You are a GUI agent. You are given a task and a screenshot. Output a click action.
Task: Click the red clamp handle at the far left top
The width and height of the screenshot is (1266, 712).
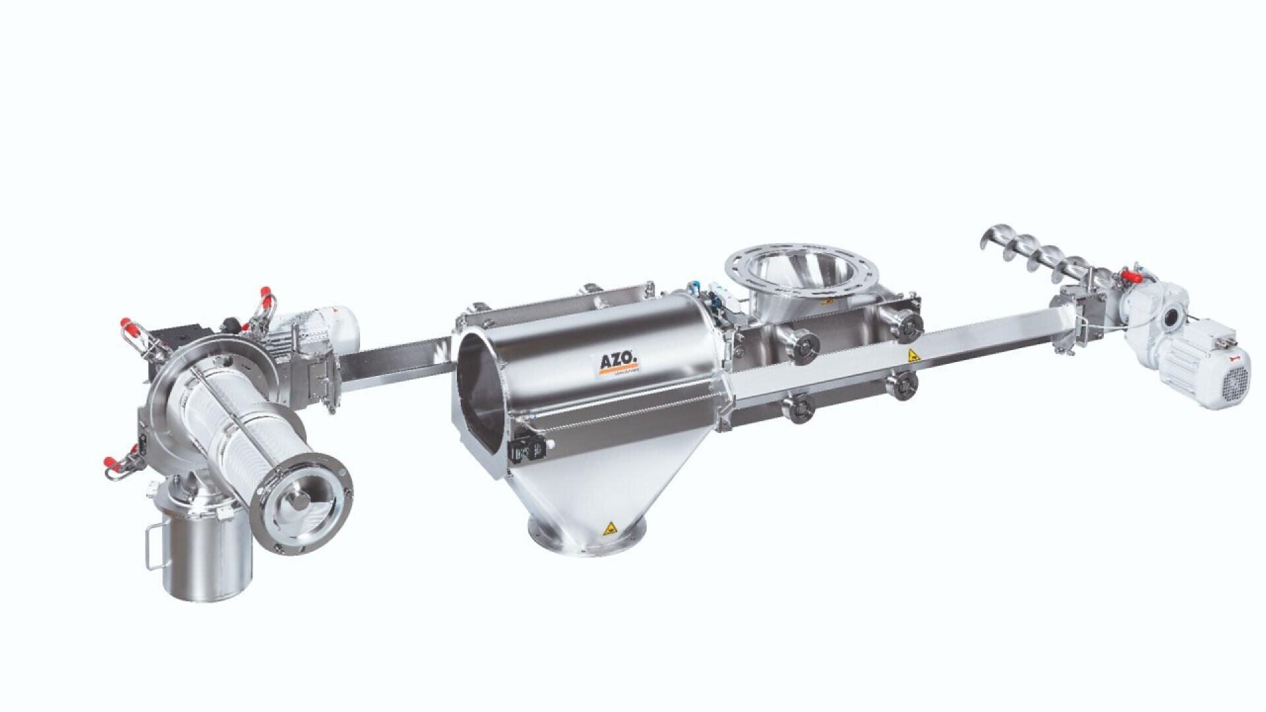point(127,326)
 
